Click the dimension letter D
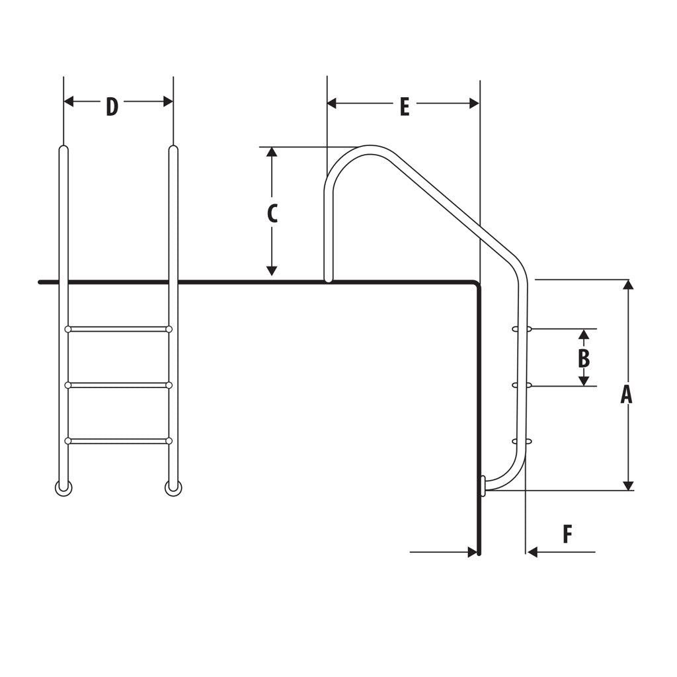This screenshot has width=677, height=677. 112,106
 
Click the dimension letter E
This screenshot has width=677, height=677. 405,106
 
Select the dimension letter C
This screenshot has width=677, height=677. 272,213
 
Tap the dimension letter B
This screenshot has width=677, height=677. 583,358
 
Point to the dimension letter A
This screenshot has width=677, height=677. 626,394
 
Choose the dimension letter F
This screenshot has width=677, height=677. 567,534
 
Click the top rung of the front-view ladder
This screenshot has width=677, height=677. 118,329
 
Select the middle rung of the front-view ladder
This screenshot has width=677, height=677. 118,385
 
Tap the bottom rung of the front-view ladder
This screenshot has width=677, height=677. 118,441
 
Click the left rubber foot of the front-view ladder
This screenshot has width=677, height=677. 63,489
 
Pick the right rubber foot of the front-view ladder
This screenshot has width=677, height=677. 173,489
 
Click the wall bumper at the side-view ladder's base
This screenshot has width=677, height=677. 483,485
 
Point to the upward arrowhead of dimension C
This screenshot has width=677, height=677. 271,153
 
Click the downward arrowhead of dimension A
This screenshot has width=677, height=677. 628,485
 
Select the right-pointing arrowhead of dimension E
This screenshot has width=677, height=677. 473,103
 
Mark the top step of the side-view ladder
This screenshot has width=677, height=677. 522,328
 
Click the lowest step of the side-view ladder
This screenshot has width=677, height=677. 522,441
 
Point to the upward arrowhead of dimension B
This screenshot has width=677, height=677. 583,334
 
